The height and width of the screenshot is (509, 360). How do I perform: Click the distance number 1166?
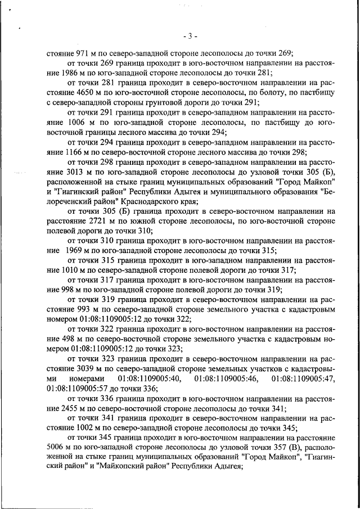tap(70, 152)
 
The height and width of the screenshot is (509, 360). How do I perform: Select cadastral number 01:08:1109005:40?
tap(150, 379)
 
